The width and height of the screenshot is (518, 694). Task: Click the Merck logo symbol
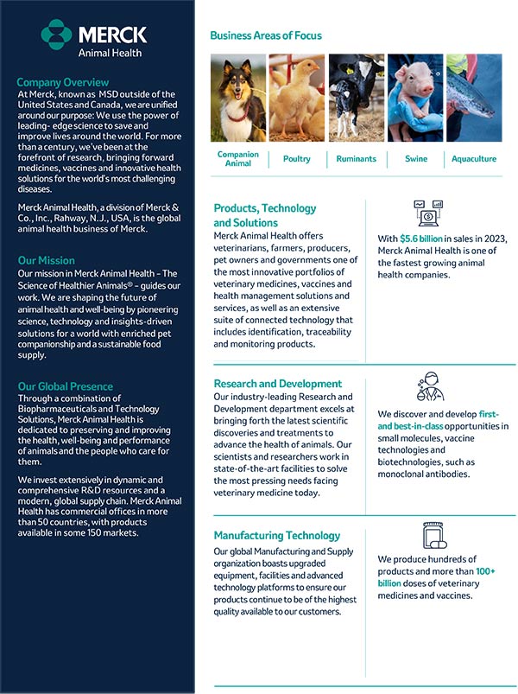[57, 35]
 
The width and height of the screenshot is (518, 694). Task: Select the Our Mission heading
[47, 260]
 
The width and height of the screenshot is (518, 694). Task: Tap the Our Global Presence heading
[66, 386]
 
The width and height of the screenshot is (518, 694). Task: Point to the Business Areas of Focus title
[266, 35]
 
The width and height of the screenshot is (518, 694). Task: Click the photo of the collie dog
[238, 98]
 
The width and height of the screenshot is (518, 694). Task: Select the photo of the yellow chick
[297, 98]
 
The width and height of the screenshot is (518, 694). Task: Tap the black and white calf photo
[356, 98]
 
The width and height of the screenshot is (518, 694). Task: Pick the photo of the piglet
[415, 98]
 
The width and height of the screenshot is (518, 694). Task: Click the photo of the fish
[474, 98]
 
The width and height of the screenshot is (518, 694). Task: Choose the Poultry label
[297, 159]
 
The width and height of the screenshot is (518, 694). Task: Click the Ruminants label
[356, 159]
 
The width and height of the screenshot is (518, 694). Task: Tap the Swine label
[415, 159]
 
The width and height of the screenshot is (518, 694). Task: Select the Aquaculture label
[474, 159]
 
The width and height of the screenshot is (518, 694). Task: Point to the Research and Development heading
[278, 384]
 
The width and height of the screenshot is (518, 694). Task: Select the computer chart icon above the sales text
[428, 213]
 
